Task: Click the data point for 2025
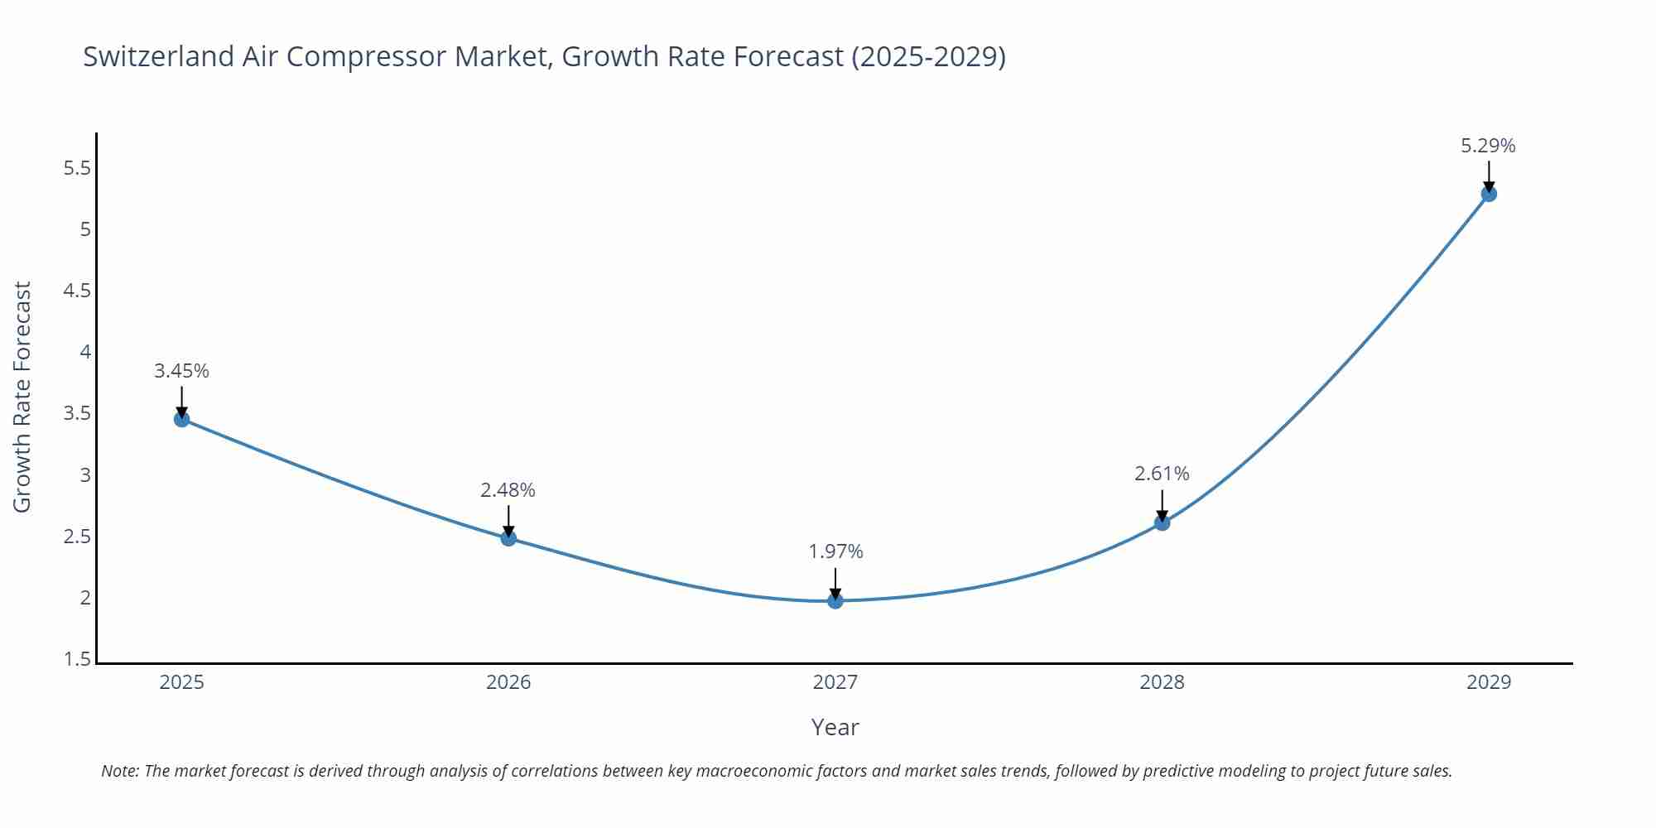tap(181, 419)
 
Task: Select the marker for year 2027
tap(835, 600)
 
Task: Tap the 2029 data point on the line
tap(1488, 194)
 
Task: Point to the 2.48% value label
tap(508, 490)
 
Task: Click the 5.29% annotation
tap(1488, 146)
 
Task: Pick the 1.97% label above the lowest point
tap(835, 551)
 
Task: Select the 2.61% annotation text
tap(1162, 474)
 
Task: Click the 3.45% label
tap(181, 371)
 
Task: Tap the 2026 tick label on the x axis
tap(508, 682)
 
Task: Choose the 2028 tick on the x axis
tap(1162, 682)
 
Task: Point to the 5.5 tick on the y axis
tap(77, 169)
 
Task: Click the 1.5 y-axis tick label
tap(77, 660)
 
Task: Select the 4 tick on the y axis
tap(85, 353)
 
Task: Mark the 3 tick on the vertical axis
tap(85, 475)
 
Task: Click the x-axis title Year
tap(835, 727)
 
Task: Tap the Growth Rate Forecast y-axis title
tap(22, 397)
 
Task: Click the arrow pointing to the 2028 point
tap(1162, 506)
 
